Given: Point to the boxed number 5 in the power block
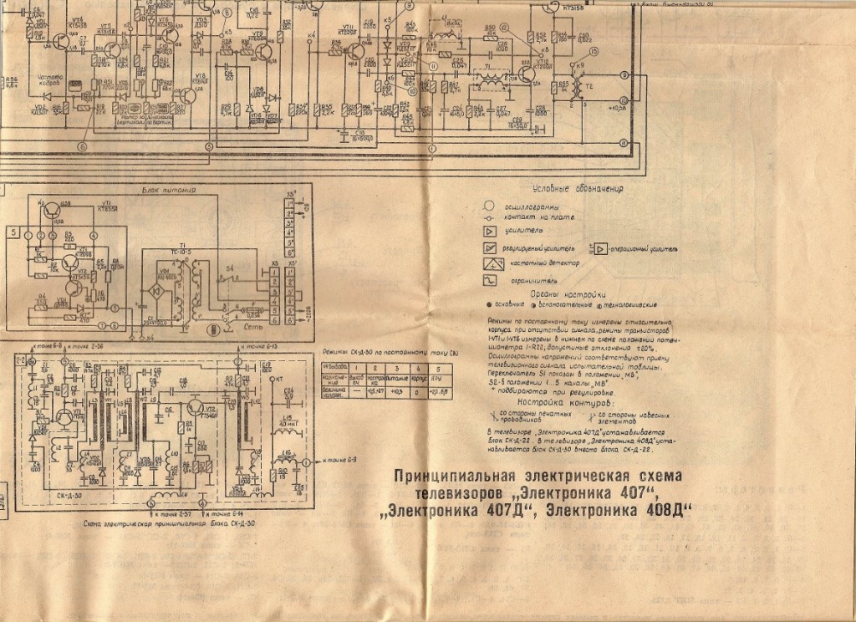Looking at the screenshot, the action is pos(13,235).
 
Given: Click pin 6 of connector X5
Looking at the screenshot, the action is pos(274,320).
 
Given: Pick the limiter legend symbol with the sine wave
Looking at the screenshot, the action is pos(490,280).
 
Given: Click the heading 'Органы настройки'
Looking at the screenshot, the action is pos(571,294).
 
